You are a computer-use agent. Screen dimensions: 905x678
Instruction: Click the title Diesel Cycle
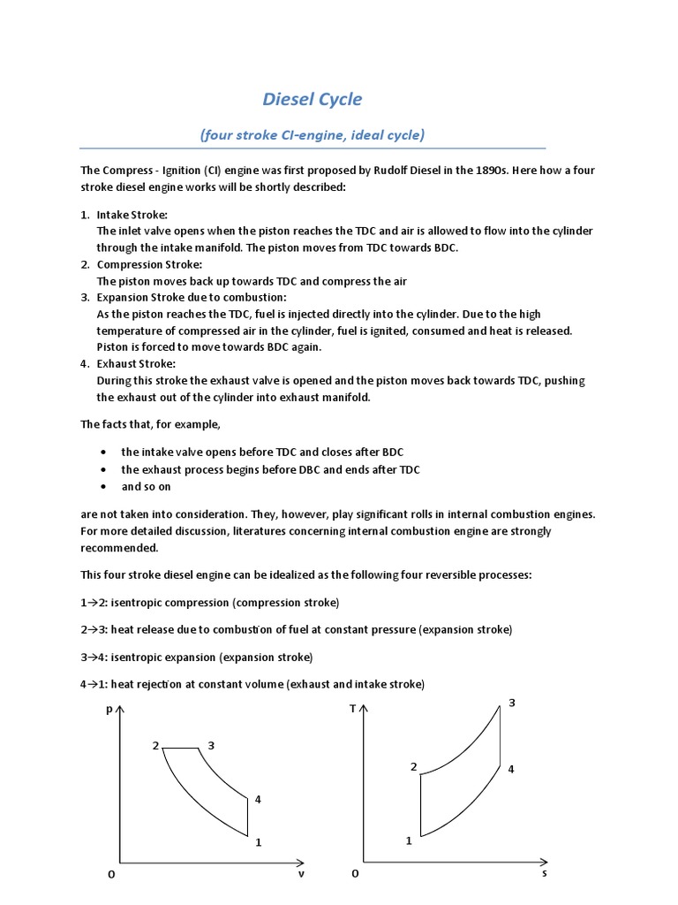click(313, 98)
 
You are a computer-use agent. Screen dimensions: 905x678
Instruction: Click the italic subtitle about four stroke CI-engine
click(312, 135)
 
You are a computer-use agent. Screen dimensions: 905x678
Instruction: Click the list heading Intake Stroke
click(132, 215)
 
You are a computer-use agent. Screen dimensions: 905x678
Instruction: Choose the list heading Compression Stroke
click(149, 264)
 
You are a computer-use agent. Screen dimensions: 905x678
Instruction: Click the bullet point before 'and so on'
click(104, 487)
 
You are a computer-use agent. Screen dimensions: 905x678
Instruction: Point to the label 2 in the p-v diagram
click(155, 746)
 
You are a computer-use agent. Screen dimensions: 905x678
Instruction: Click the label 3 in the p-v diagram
click(211, 746)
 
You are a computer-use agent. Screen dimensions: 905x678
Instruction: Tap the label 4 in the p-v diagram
click(258, 799)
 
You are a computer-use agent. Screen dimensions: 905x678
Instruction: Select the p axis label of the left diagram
click(109, 709)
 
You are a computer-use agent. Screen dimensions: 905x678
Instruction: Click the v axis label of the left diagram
click(301, 873)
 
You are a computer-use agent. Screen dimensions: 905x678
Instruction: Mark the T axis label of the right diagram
click(352, 709)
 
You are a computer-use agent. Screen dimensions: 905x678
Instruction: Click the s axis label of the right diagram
click(545, 873)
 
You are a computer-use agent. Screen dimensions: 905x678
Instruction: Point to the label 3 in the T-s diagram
click(511, 703)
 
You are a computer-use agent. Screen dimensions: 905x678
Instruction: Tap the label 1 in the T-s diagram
click(409, 840)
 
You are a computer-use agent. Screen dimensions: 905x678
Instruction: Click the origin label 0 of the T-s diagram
click(355, 873)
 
